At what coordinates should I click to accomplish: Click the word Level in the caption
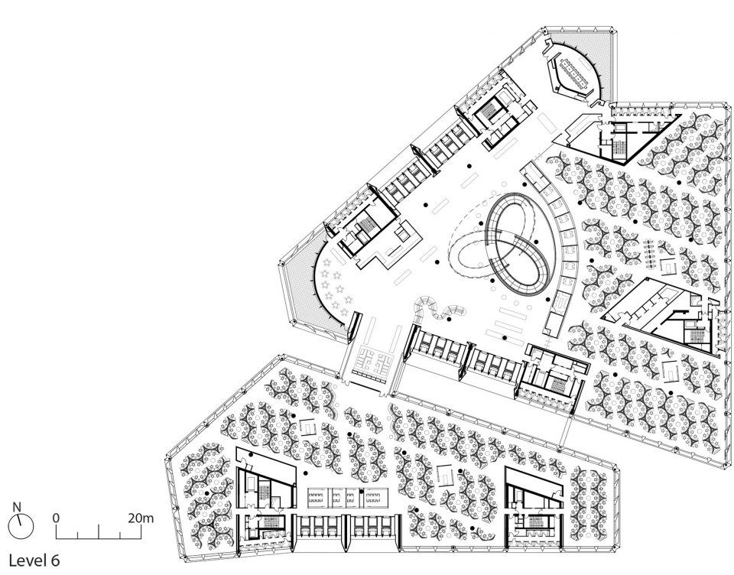tap(29, 560)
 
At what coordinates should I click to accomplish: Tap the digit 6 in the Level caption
tap(56, 560)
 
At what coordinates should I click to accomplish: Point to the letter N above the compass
tap(18, 507)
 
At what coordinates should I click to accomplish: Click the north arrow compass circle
tap(21, 526)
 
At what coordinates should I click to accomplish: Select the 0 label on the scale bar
tap(56, 518)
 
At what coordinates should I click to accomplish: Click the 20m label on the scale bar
tap(141, 518)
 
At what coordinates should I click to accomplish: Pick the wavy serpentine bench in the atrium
tap(440, 308)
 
